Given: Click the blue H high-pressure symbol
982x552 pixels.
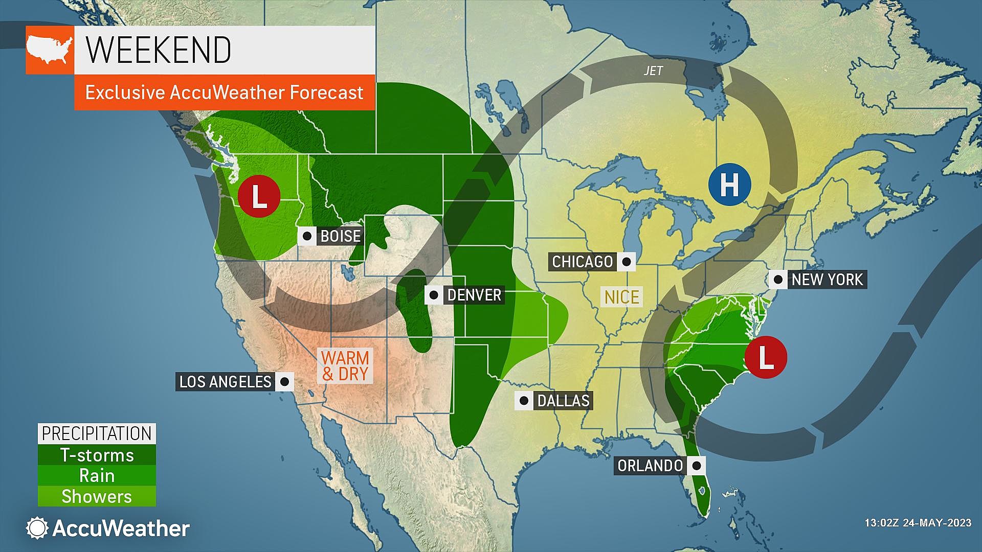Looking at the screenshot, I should [730, 185].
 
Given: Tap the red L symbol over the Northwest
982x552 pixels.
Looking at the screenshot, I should [259, 196].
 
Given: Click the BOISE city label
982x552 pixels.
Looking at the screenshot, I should [340, 236].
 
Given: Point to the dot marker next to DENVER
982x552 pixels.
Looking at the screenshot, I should [434, 295].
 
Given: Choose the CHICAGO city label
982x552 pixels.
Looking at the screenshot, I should [582, 262].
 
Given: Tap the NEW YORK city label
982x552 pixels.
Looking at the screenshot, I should [827, 280].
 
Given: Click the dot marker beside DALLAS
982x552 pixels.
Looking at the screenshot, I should [524, 400].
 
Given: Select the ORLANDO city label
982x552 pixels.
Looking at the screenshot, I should [650, 466].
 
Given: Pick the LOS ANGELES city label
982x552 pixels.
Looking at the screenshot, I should [225, 381].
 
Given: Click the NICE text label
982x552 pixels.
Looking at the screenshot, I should [621, 297].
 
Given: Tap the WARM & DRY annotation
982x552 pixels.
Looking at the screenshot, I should [345, 365].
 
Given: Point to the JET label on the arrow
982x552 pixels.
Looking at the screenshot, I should [653, 71].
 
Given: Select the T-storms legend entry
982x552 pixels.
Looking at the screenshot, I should [97, 455].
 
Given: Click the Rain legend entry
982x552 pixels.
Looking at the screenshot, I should [97, 476].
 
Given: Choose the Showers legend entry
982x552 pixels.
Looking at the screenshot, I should [97, 496].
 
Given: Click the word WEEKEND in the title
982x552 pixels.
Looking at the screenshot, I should [159, 50].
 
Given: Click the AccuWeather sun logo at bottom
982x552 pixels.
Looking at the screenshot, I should [37, 528].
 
